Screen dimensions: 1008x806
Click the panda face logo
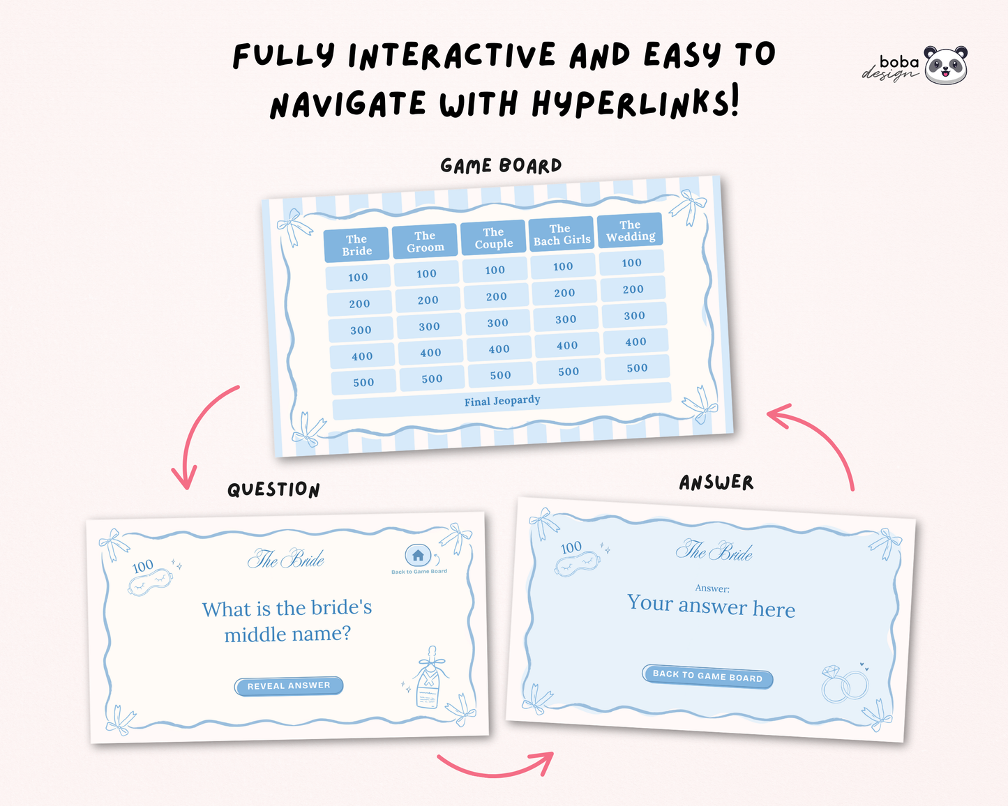(946, 66)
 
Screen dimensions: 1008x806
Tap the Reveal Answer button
(289, 685)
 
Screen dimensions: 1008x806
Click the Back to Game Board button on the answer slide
(707, 676)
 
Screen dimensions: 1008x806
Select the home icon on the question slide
(418, 556)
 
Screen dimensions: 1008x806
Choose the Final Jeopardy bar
(502, 401)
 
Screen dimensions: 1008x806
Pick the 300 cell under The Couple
(497, 323)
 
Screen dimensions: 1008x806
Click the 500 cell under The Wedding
(637, 368)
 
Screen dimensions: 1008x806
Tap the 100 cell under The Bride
(358, 277)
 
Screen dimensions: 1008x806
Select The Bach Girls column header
(562, 234)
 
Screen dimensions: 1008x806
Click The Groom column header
(425, 241)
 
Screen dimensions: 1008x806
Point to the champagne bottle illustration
(430, 677)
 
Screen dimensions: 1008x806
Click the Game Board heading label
(501, 166)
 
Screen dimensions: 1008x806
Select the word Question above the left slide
(273, 489)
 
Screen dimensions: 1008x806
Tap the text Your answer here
(711, 606)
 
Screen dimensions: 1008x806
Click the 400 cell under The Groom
(430, 353)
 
